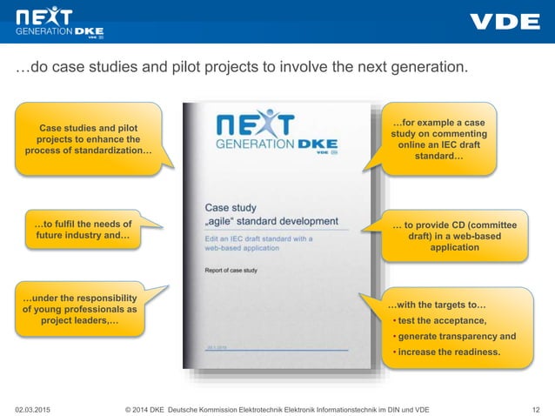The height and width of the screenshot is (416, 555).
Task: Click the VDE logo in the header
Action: pos(504,22)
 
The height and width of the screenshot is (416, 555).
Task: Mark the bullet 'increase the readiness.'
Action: pos(449,352)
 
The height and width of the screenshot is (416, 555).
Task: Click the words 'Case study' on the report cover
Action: pos(231,208)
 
